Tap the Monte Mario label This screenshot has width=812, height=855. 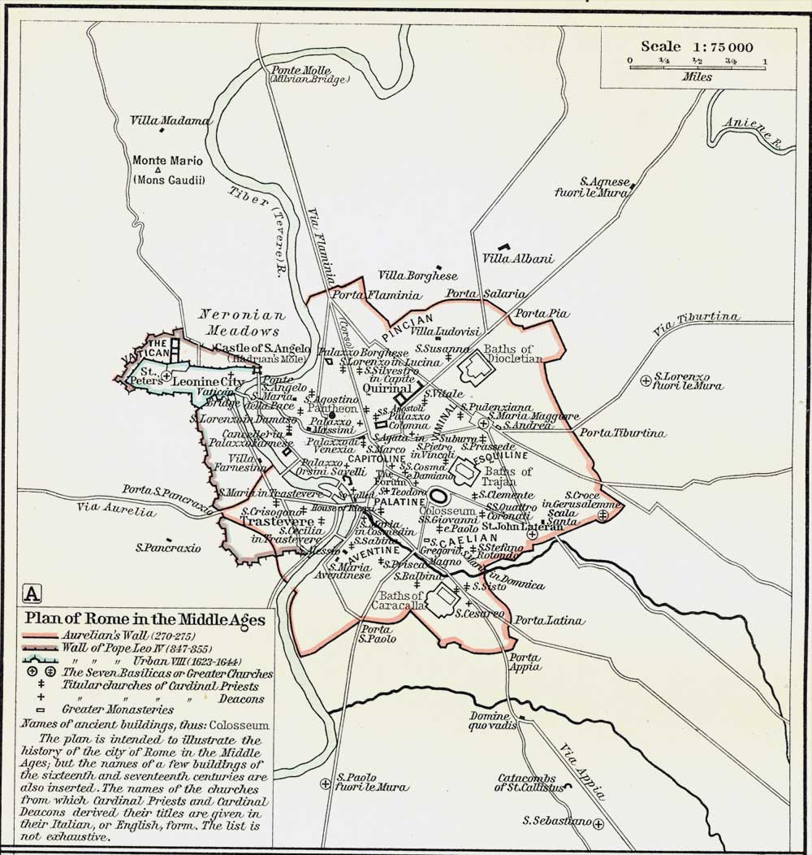tap(168, 160)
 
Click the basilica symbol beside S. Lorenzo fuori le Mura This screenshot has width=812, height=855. tap(645, 379)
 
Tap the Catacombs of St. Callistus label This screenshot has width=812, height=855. tap(529, 782)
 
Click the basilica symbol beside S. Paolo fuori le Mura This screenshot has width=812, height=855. tap(325, 783)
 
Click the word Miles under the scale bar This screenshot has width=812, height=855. tap(697, 78)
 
